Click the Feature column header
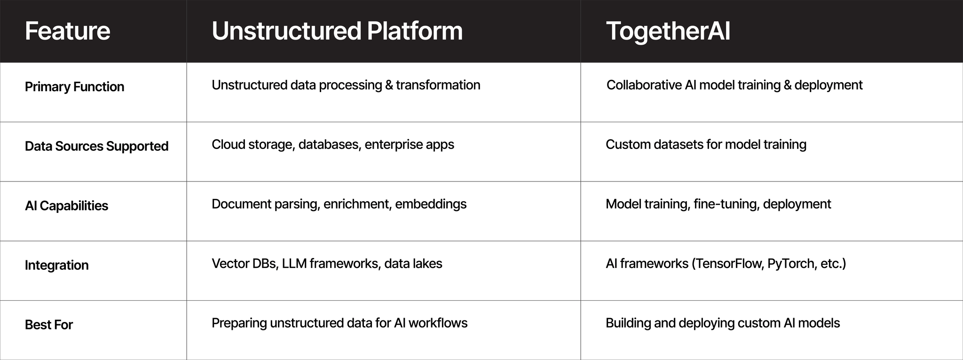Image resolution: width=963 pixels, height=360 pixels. [67, 31]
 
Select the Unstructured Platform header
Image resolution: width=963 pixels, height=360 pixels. [337, 31]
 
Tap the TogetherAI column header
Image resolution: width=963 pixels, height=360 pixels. [668, 31]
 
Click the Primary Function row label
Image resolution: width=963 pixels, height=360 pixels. [74, 87]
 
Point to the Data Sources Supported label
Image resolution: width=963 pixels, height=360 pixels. [96, 146]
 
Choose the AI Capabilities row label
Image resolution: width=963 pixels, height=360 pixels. [66, 206]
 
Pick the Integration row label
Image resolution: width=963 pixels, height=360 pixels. [56, 265]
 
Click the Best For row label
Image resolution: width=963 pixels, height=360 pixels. [49, 325]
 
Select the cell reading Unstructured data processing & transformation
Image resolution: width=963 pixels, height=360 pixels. [346, 85]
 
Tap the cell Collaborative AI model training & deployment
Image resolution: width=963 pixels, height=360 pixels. [734, 85]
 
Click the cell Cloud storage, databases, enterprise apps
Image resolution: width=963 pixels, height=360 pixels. [333, 144]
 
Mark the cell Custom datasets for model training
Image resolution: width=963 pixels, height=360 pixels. [706, 144]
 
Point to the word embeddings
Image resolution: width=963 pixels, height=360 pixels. [431, 204]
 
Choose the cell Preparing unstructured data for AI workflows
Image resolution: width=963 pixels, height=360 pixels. [339, 323]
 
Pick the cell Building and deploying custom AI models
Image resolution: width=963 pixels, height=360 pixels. [723, 323]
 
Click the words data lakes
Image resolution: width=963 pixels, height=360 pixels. [413, 264]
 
